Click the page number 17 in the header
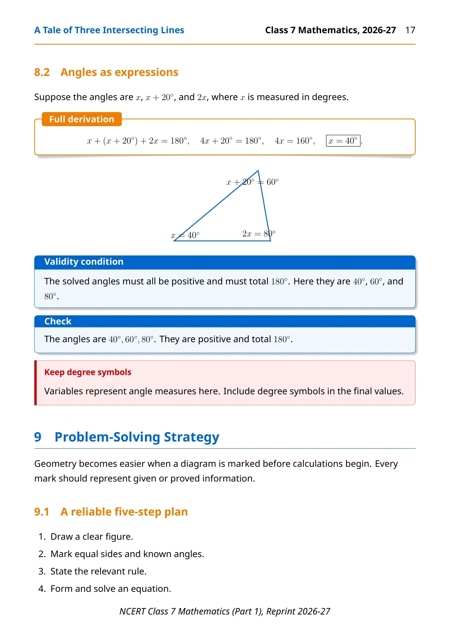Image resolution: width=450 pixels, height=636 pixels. click(410, 30)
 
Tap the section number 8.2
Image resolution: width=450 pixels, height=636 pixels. click(42, 72)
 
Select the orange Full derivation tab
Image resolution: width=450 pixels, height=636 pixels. click(82, 119)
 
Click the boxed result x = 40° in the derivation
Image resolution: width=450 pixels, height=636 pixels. click(343, 140)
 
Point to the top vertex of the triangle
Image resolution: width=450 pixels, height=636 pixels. click(258, 171)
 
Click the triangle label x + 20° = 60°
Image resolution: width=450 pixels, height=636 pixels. click(252, 182)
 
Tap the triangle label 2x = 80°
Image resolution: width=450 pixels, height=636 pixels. click(259, 233)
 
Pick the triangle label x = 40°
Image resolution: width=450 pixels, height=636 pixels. click(185, 235)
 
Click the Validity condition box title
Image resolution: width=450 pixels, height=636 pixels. click(84, 261)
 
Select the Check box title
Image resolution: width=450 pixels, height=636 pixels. click(58, 321)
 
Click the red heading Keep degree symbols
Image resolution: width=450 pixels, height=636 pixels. click(88, 372)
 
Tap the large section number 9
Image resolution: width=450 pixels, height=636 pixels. click(38, 437)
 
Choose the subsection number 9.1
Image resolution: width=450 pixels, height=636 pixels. click(42, 512)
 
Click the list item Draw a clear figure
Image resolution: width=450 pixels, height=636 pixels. click(91, 537)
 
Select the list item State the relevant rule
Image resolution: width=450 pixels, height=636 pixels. click(98, 571)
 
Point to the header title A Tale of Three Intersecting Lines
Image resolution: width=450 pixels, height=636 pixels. click(109, 30)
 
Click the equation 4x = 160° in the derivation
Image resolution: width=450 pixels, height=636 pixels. click(295, 140)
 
